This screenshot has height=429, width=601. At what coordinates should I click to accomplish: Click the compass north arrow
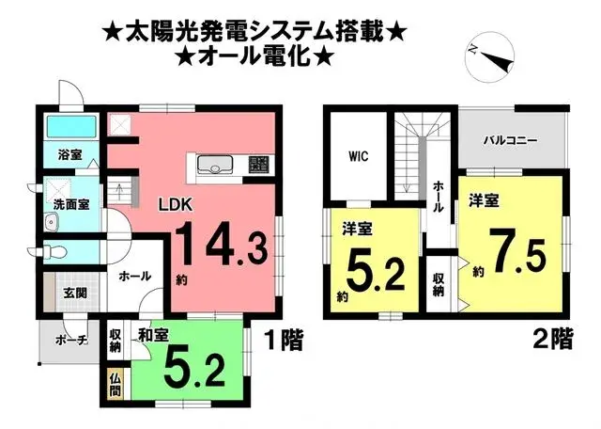[494, 56]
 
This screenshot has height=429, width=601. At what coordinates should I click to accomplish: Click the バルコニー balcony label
[510, 139]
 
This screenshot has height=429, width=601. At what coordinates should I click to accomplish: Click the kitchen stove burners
[258, 166]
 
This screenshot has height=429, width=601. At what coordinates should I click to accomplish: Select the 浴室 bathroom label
[69, 153]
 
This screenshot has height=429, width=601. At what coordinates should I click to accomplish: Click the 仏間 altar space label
[115, 383]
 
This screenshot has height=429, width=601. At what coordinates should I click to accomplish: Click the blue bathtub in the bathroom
[70, 127]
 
